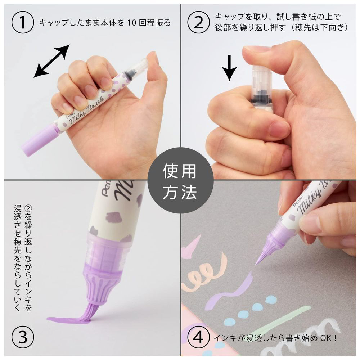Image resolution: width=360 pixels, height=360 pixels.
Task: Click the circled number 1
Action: (22, 22)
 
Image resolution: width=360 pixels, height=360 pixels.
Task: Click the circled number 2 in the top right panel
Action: (199, 22)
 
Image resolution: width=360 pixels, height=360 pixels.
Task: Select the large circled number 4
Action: (199, 338)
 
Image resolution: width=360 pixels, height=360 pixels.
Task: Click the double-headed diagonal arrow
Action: (51, 61)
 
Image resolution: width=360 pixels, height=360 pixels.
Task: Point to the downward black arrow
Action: (229, 68)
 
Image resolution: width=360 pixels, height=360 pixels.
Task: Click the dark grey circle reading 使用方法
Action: (180, 180)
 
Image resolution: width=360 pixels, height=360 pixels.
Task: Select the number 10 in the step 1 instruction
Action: (132, 23)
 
